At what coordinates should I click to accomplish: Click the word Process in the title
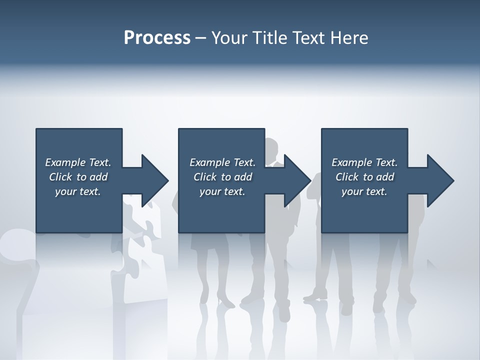(157, 38)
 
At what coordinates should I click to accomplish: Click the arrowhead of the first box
(154, 180)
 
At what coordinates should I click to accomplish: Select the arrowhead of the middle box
(296, 180)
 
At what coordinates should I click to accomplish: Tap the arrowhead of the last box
(439, 180)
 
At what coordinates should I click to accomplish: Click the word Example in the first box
(65, 162)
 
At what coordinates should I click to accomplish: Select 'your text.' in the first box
(78, 191)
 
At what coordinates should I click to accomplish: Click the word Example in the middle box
(210, 162)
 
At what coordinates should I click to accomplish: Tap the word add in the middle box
(243, 177)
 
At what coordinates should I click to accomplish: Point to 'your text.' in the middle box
(222, 191)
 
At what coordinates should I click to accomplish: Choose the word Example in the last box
(352, 162)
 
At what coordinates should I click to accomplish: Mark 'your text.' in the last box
(364, 191)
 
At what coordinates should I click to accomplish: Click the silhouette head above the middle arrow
(270, 148)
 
